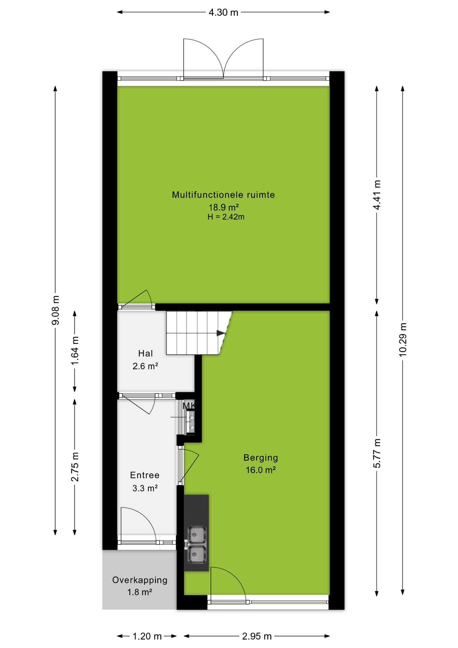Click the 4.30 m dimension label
tap(223, 12)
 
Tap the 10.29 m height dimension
tap(403, 340)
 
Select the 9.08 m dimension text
tap(55, 310)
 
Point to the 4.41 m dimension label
tap(377, 195)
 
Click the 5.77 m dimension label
tap(377, 453)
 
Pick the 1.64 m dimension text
tap(75, 351)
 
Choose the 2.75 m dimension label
tap(75, 467)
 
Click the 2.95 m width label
tap(257, 636)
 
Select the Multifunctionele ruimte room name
tap(223, 195)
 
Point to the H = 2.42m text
tap(226, 217)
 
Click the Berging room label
tap(261, 458)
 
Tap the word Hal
tap(145, 353)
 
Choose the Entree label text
tap(145, 475)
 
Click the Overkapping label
tap(140, 580)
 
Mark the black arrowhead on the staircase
tap(221, 333)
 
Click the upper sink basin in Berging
tap(196, 534)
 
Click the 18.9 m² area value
tap(224, 207)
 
